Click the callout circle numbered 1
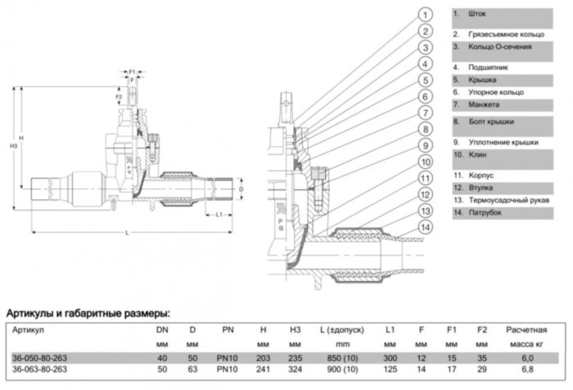(x=426, y=15)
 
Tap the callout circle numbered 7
(x=426, y=112)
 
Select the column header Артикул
(x=27, y=329)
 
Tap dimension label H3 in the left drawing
(x=11, y=147)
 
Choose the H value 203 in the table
(x=264, y=357)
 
